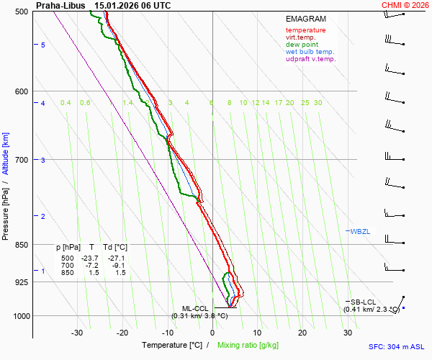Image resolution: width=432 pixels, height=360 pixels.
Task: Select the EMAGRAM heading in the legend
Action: (x=306, y=19)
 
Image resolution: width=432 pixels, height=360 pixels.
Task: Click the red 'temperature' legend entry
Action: (x=305, y=30)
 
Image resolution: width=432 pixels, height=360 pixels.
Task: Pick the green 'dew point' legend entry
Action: (x=302, y=45)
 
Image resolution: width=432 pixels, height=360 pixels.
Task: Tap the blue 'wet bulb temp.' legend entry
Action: (x=310, y=52)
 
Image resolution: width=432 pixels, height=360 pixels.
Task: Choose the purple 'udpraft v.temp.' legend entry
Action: (x=310, y=59)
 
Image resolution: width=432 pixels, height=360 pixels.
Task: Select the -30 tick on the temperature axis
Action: (x=77, y=333)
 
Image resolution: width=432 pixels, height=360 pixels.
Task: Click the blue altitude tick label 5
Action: (x=43, y=45)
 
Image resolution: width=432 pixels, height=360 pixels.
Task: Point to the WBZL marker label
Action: (x=360, y=231)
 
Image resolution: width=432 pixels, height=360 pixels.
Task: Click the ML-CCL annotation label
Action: (x=194, y=308)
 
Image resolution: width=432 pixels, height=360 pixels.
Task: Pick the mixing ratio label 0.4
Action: (x=66, y=103)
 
